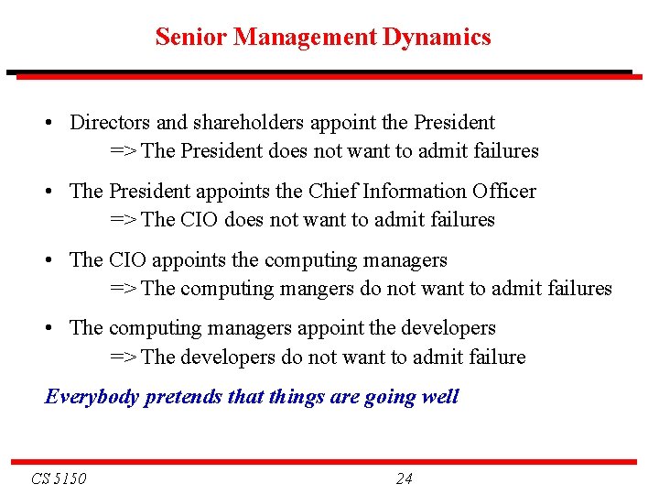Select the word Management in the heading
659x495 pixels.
(305, 38)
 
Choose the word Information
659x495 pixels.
(415, 192)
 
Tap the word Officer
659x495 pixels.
(503, 192)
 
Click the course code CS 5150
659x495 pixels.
(59, 478)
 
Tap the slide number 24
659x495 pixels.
(404, 478)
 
